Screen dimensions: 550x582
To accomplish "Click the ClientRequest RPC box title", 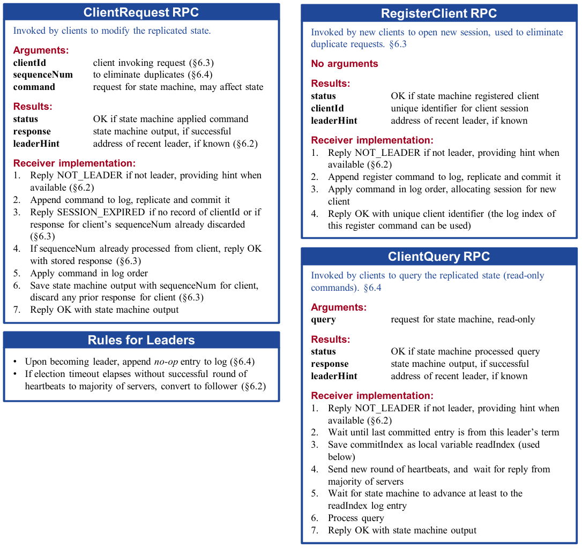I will (x=141, y=12).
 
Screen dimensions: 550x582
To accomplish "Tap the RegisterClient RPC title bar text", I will (x=439, y=13).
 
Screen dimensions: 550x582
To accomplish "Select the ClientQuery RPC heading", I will (x=439, y=257).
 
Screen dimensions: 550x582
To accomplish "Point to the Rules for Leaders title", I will (x=141, y=340).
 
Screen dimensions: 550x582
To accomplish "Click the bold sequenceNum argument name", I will (x=43, y=75).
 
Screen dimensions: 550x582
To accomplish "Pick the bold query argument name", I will (x=323, y=320).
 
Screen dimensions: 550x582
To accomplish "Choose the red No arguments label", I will (x=345, y=64).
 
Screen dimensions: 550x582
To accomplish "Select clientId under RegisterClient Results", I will (x=327, y=109).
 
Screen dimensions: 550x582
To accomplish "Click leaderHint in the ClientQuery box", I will (x=334, y=376).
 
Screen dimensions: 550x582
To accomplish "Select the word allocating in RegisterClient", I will (x=465, y=190).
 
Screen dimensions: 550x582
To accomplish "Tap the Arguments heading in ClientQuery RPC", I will (x=339, y=307).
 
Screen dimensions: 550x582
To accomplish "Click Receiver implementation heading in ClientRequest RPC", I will (x=74, y=163).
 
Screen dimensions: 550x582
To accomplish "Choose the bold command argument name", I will (x=34, y=87).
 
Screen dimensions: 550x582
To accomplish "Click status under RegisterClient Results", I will (x=323, y=96).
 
